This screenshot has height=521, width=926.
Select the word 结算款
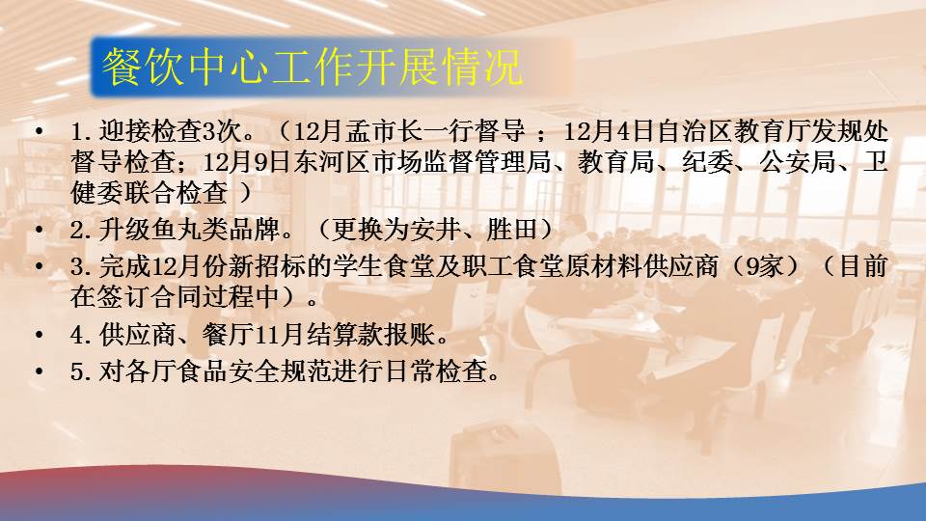pyautogui.click(x=343, y=335)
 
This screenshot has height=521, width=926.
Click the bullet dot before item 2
pyautogui.click(x=40, y=230)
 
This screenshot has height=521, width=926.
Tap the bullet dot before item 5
pyautogui.click(x=40, y=371)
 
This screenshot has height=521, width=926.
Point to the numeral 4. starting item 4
pyautogui.click(x=80, y=335)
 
